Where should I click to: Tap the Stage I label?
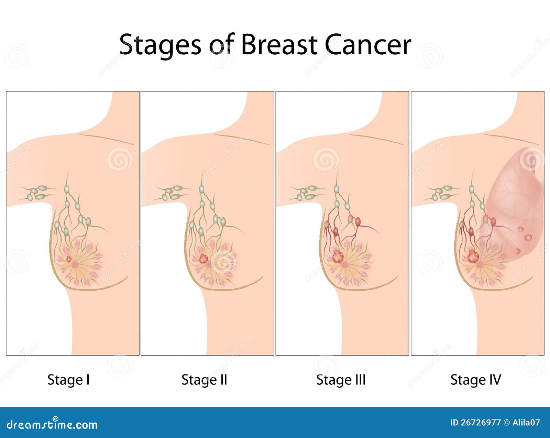click(x=68, y=380)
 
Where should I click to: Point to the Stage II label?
click(x=204, y=380)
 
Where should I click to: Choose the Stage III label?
click(x=341, y=380)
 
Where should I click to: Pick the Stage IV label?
click(x=476, y=380)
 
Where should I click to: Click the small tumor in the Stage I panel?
click(x=69, y=259)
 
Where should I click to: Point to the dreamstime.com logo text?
click(x=52, y=425)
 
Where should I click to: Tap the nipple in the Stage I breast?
click(x=75, y=265)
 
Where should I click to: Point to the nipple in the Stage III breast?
click(x=344, y=265)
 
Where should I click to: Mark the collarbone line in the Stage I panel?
click(x=106, y=139)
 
